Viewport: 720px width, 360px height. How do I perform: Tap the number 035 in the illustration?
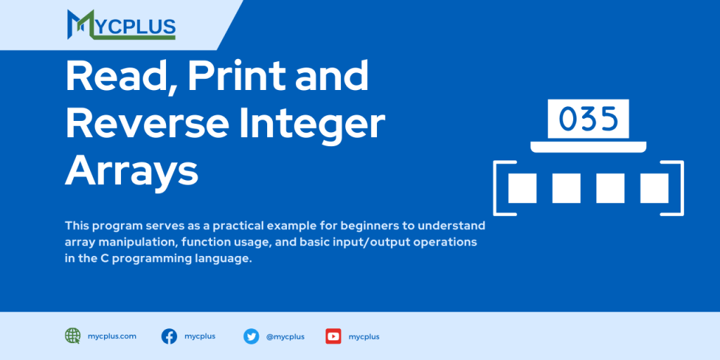coord(589,119)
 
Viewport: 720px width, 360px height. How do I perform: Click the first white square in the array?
coord(522,188)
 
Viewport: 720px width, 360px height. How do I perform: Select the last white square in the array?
coord(654,188)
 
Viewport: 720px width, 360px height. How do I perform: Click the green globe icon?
coord(72,336)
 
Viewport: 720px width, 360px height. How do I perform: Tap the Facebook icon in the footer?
coord(169,336)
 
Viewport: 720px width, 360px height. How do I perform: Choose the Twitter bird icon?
coord(251,336)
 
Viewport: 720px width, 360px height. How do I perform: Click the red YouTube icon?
coord(333,336)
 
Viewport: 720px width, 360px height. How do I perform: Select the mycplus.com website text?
coord(112,336)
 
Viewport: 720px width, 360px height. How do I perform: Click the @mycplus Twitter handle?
coord(285,337)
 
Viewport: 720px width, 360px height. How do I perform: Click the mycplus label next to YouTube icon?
coord(364,337)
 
